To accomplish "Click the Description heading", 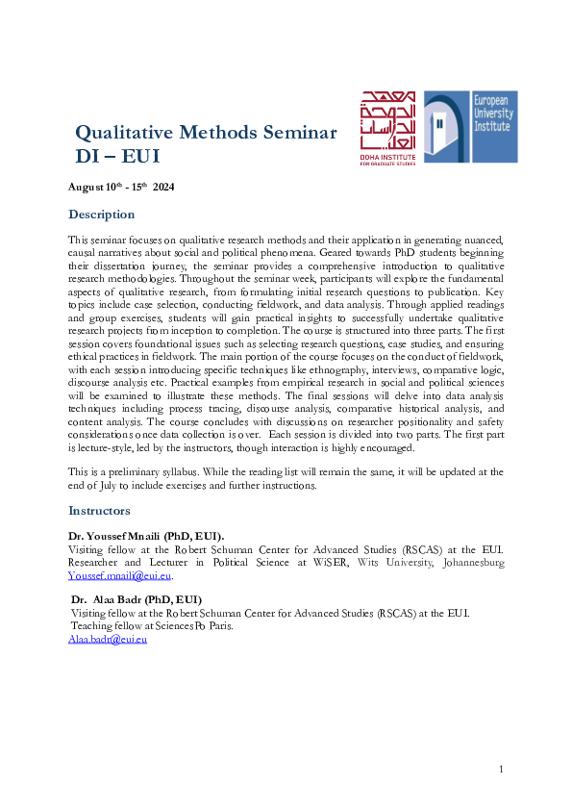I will point(101,214).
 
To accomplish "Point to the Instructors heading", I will point(100,511).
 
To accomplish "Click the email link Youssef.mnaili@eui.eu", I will point(119,575).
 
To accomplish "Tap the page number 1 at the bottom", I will point(502,769).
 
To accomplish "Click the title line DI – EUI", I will point(117,155).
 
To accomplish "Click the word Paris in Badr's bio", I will point(216,625).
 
